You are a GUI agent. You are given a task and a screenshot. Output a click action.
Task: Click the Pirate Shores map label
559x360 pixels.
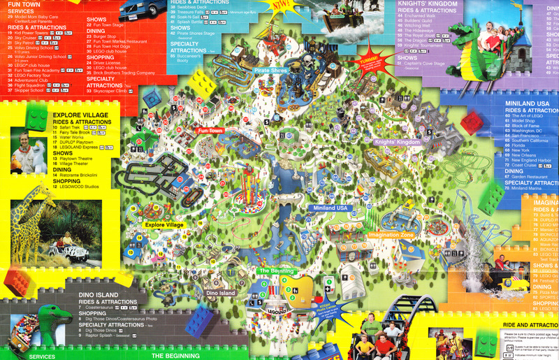click(x=271, y=71)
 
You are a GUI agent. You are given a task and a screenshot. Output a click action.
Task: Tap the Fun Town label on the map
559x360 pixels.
click(x=210, y=131)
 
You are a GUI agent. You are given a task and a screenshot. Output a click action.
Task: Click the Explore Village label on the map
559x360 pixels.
click(x=164, y=224)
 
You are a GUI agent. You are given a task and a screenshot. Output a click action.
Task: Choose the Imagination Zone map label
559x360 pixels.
click(x=391, y=235)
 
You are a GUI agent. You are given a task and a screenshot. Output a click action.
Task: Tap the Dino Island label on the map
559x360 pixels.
click(x=220, y=293)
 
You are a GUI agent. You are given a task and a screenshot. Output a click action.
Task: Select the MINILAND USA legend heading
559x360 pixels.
click(x=530, y=103)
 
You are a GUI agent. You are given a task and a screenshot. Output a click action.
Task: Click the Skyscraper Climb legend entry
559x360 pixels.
click(x=111, y=91)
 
